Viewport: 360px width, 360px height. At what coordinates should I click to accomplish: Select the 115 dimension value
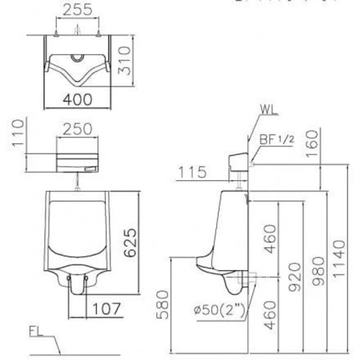(191, 172)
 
